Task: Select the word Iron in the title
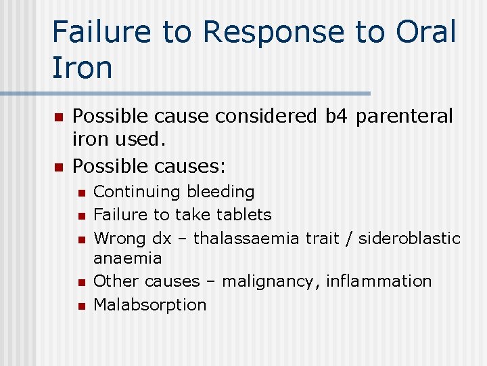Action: [x=82, y=68]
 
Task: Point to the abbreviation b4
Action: [x=335, y=117]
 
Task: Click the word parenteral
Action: [x=404, y=117]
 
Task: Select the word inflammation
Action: [x=379, y=281]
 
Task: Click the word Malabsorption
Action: [x=149, y=304]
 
